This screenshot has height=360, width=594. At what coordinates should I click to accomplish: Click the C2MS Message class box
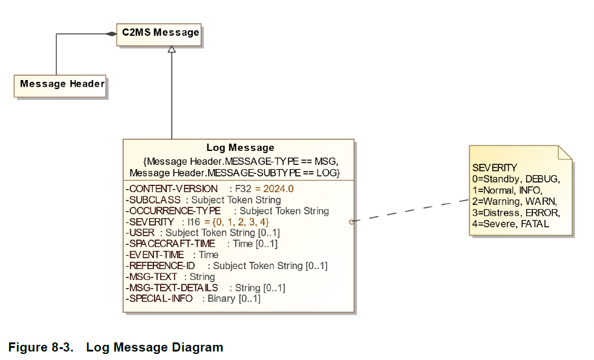(161, 33)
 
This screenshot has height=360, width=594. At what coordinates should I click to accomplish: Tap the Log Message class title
(240, 147)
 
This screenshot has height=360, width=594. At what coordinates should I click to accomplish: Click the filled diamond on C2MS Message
(111, 34)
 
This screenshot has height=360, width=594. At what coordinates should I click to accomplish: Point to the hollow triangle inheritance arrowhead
(172, 49)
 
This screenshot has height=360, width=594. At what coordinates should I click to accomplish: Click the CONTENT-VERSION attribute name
(172, 188)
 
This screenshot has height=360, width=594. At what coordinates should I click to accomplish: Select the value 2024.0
(278, 188)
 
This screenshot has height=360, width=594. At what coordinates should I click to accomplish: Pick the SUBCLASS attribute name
(153, 199)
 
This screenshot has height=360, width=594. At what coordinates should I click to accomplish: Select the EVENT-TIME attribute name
(155, 255)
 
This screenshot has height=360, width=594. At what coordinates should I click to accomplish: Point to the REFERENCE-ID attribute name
(161, 265)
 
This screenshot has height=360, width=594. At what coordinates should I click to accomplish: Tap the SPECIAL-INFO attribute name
(159, 298)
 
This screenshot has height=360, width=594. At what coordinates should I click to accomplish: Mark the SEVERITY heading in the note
(495, 168)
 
